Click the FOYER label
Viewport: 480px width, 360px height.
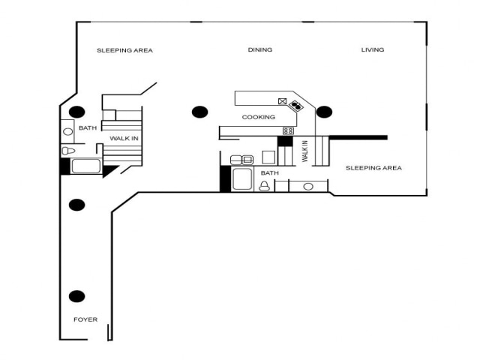[85, 319]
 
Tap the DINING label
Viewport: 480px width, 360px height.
[260, 50]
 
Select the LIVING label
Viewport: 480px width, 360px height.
[373, 50]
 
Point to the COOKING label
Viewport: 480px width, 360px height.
[258, 117]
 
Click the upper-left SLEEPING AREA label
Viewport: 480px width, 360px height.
[124, 50]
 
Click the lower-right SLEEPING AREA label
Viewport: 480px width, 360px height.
[373, 168]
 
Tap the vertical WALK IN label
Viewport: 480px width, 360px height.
[305, 151]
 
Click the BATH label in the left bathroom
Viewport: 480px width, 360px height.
[88, 128]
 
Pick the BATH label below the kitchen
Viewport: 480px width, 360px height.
[269, 173]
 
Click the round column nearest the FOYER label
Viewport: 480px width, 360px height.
[76, 296]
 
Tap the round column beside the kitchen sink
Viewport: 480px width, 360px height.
[324, 112]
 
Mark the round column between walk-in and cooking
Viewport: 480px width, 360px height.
[199, 112]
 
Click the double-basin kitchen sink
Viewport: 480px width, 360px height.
[296, 106]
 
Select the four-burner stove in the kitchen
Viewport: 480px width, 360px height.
[288, 131]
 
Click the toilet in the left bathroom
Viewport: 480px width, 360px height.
[67, 151]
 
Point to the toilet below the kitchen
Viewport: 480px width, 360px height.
[264, 186]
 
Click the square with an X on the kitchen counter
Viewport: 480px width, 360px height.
[283, 101]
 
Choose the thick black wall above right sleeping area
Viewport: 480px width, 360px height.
[358, 137]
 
